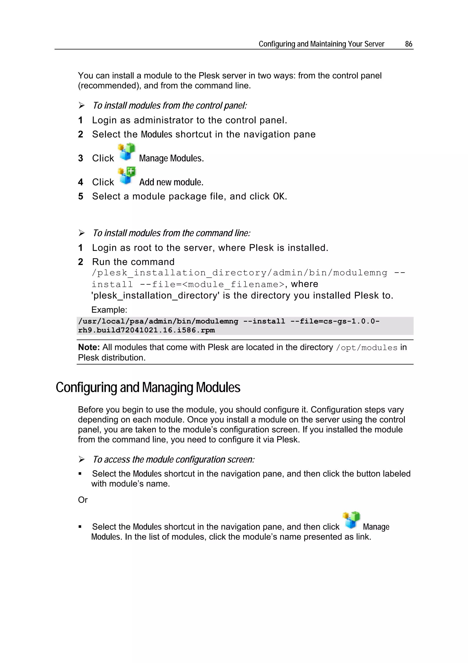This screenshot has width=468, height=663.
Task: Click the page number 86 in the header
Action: pos(408,44)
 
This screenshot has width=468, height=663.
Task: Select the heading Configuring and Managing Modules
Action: pos(148,387)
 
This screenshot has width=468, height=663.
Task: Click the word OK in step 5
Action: pos(279,196)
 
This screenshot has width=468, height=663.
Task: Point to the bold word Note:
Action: pos(89,347)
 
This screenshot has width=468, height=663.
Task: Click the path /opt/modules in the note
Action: pos(367,348)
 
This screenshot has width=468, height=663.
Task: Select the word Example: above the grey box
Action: pos(109,310)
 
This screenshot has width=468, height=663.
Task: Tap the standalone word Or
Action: pos(83,500)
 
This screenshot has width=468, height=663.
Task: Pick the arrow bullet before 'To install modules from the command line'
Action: pos(82,233)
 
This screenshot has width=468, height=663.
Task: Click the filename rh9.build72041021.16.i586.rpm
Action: pos(146,330)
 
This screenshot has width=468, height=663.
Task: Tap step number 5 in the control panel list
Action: pos(81,196)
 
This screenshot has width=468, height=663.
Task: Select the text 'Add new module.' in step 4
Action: pos(171,182)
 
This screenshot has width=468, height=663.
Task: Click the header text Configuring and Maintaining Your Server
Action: pos(321,44)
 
